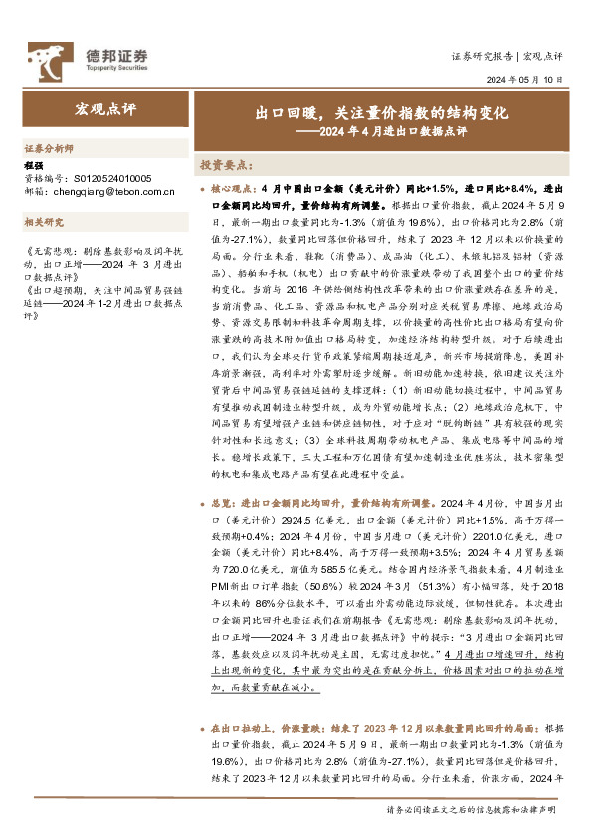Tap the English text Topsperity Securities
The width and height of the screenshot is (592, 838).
point(109,70)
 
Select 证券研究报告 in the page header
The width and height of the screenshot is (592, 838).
point(482,56)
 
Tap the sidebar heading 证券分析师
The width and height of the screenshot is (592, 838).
point(49,147)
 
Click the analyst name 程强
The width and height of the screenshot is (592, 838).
point(34,166)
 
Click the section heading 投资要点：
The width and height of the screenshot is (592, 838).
point(227,163)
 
